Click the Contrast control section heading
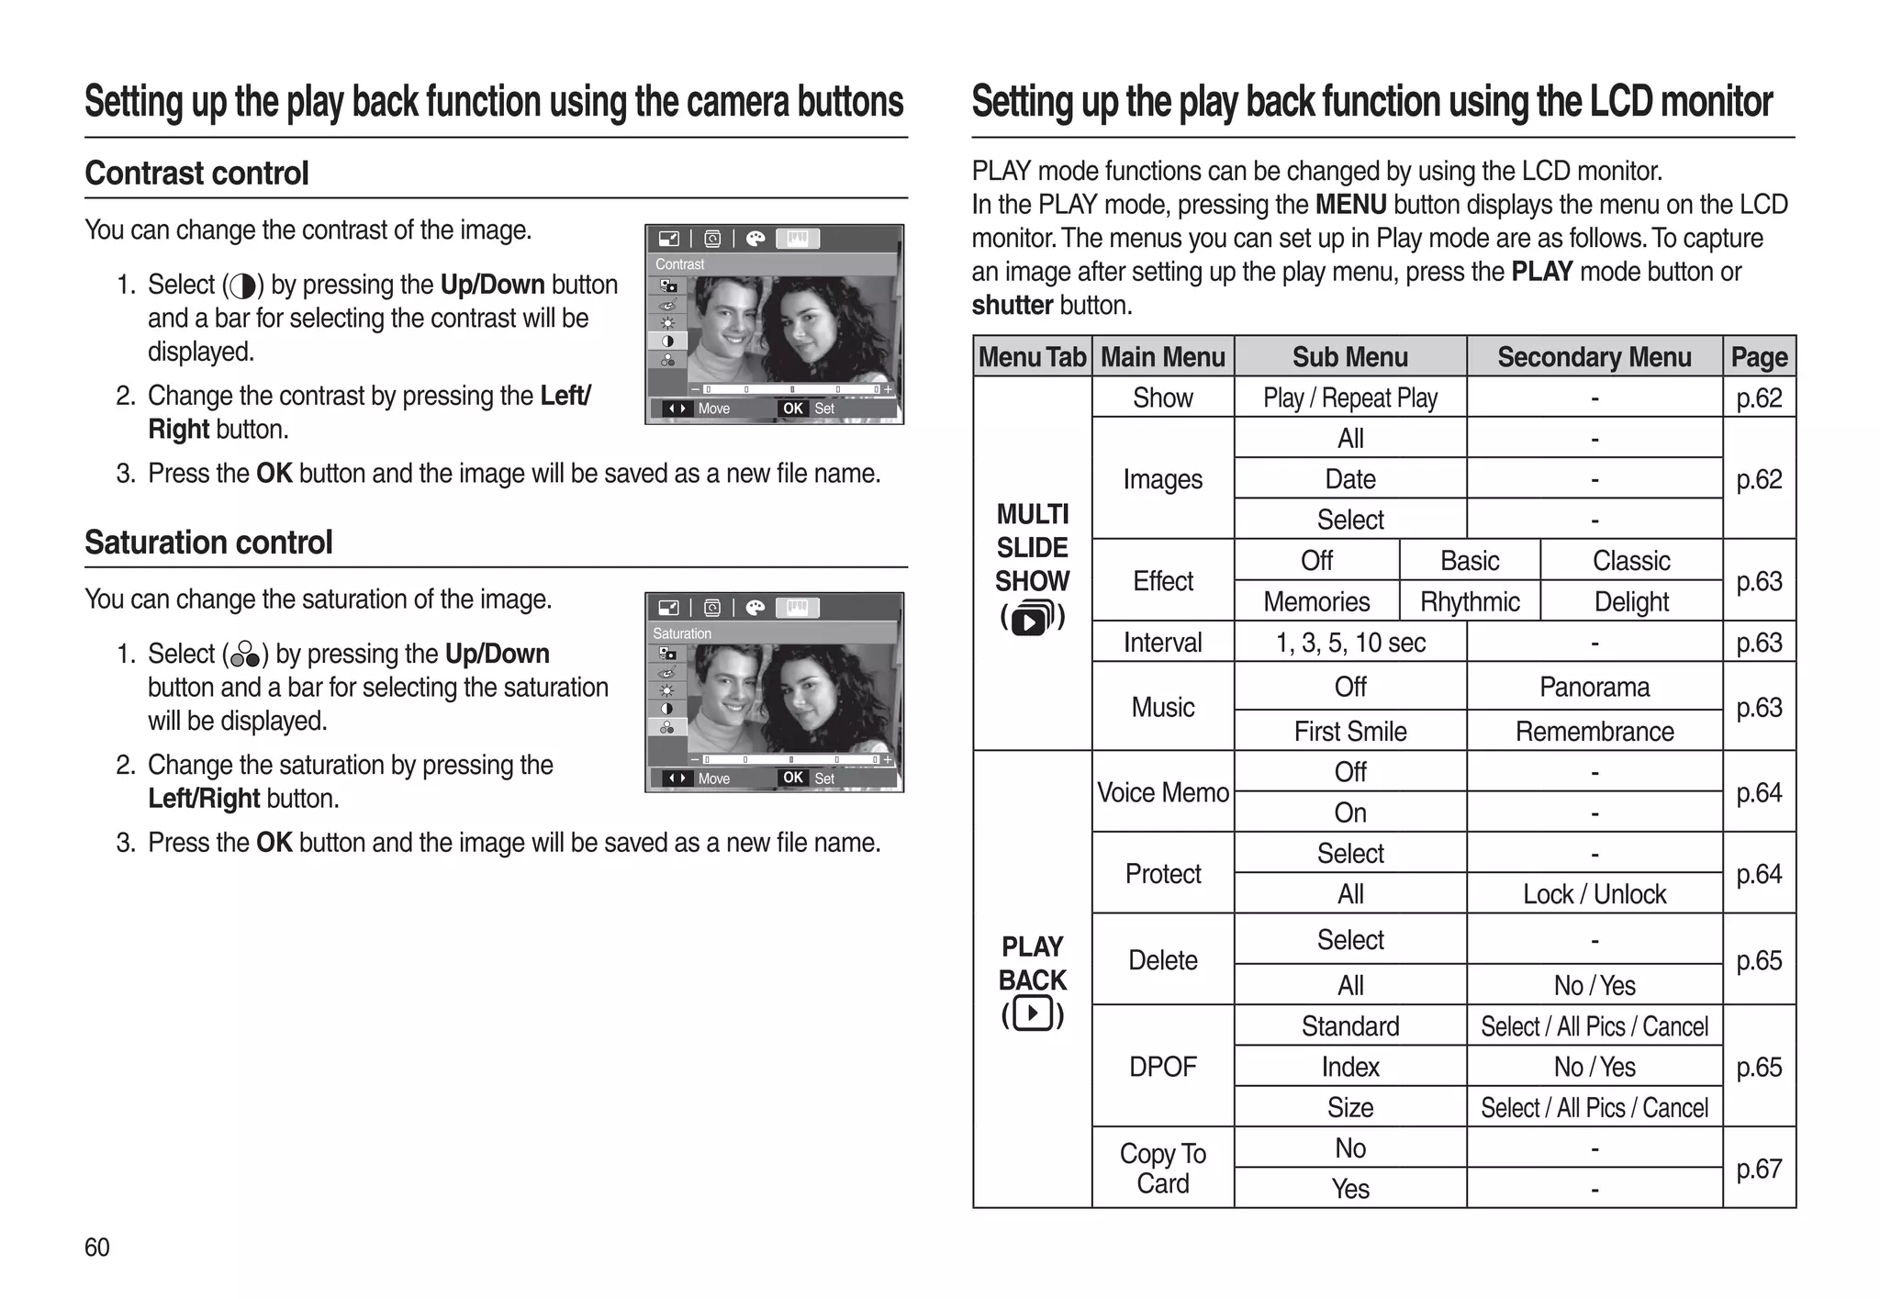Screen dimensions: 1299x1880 [x=196, y=174]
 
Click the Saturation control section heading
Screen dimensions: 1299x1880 [x=208, y=543]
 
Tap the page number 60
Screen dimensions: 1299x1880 [x=96, y=1247]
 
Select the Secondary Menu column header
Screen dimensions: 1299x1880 [x=1594, y=357]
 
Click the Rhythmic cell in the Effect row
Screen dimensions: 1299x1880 [x=1469, y=601]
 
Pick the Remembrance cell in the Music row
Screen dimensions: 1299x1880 [x=1594, y=731]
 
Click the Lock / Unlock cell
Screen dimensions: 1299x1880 [x=1594, y=893]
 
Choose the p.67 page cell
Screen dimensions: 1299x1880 [x=1758, y=1168]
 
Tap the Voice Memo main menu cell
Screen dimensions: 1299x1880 [x=1162, y=792]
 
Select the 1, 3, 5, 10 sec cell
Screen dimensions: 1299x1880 [x=1349, y=642]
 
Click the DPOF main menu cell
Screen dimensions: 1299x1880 [x=1162, y=1066]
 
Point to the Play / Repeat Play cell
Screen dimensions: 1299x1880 [x=1349, y=398]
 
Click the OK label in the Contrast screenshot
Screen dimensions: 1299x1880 [x=792, y=409]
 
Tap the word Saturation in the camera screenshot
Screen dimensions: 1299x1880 [x=682, y=633]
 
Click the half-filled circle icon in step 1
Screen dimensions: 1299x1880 [x=243, y=286]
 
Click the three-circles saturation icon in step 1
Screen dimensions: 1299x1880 [x=244, y=655]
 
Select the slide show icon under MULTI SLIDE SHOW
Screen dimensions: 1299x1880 [x=1033, y=619]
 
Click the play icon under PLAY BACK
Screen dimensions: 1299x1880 [x=1033, y=1014]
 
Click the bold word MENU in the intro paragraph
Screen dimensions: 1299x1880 [x=1349, y=205]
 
